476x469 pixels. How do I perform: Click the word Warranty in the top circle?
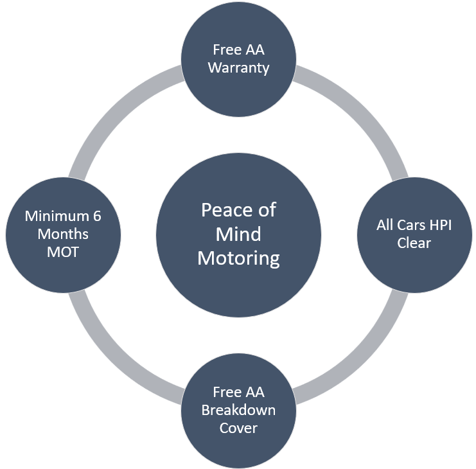click(238, 67)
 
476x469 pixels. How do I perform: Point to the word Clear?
click(414, 243)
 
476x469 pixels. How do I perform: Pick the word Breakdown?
click(238, 410)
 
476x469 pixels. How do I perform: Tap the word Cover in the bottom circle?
click(238, 428)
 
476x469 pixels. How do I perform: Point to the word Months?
click(63, 234)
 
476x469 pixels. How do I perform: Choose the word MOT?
click(63, 252)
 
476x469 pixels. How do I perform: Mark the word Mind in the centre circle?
click(238, 234)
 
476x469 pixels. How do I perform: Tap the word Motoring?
click(238, 258)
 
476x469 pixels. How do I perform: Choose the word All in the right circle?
click(388, 226)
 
